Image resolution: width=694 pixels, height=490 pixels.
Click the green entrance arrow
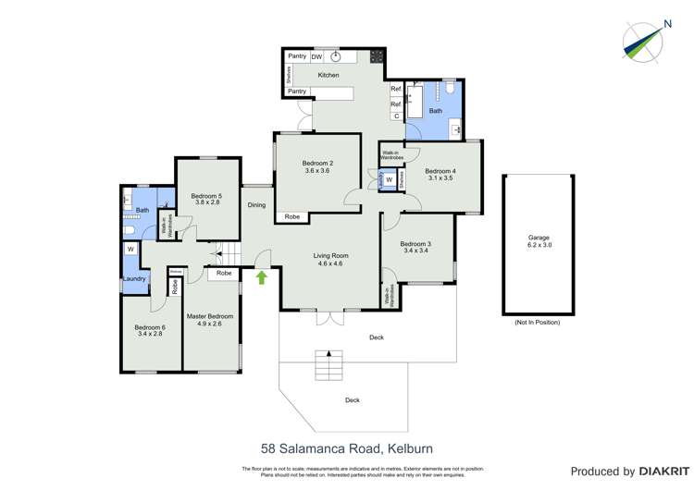point(262,276)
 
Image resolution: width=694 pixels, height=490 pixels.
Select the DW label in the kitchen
point(316,56)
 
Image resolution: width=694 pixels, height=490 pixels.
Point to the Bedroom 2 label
point(317,164)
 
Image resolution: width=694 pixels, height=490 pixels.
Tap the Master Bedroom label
point(209,316)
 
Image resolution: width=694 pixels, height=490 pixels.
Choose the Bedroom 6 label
point(149,328)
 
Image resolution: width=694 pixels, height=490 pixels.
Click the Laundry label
point(134,278)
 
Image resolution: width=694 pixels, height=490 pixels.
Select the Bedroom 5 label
point(206,196)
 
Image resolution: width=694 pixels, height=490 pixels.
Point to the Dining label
point(256,205)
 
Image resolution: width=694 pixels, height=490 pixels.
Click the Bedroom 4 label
point(441,171)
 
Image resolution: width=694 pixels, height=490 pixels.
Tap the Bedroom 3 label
point(416,244)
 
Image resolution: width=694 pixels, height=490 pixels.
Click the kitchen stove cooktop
point(378,56)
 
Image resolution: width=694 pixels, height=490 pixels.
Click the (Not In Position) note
point(537,322)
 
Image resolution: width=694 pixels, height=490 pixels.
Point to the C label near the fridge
point(395,116)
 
